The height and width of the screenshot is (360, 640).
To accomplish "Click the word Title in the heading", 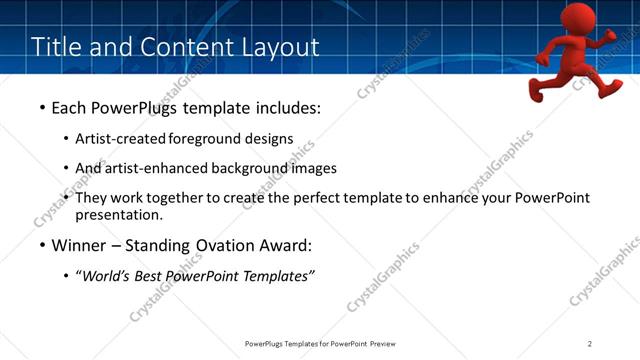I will [x=56, y=47].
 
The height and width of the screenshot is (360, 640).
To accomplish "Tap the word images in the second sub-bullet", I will [x=315, y=168].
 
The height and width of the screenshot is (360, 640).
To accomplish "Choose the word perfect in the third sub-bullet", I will [x=320, y=198].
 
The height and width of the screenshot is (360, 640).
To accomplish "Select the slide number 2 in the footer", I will [x=590, y=343].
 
